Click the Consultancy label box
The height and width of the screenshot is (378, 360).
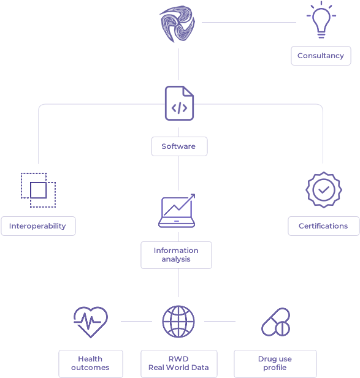coord(321,56)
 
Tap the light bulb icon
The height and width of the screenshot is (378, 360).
coord(321,20)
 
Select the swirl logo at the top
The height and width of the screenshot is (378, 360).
coord(177,24)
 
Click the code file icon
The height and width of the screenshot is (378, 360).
coord(179,103)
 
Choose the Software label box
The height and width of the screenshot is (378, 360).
coord(179,146)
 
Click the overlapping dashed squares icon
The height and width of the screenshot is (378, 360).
coord(39,190)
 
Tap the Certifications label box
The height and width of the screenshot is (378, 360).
coord(324,226)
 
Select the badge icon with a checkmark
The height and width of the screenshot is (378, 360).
coord(324,190)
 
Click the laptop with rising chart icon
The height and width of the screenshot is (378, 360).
coord(177,211)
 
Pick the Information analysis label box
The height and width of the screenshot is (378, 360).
coord(176,255)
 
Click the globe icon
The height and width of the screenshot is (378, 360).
coord(178,322)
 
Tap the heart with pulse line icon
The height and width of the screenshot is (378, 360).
coord(91,322)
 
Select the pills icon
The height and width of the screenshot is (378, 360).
coord(276,322)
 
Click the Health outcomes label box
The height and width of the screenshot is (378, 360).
coord(91,363)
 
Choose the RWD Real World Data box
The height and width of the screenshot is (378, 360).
coord(179,363)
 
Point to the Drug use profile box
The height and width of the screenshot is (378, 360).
coord(275,363)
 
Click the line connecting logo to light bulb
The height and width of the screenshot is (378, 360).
coord(249,23)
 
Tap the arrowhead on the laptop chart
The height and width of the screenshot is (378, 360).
coord(193,196)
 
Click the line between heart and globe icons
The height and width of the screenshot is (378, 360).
coord(136,322)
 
